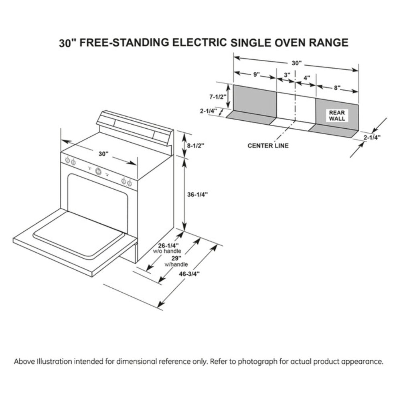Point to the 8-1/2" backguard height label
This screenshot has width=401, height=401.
click(x=196, y=145)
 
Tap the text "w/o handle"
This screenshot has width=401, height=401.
click(x=164, y=251)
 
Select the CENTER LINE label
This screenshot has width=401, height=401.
click(x=268, y=146)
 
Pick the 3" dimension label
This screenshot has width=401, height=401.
click(x=286, y=75)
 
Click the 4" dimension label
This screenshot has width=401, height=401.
click(x=306, y=78)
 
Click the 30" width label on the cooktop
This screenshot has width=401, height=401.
click(x=103, y=154)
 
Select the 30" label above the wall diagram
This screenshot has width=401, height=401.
click(x=296, y=63)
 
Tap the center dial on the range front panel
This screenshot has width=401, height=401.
click(x=98, y=171)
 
